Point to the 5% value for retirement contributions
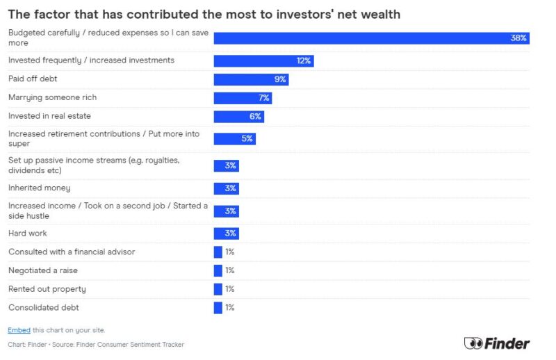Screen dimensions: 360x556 [247, 139]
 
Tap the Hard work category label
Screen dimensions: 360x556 [28, 234]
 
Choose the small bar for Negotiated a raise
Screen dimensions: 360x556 [218, 270]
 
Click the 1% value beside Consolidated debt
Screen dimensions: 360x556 [230, 307]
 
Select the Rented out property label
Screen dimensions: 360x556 [47, 289]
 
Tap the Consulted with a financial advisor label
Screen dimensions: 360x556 [72, 252]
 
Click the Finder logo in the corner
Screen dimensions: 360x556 [496, 343]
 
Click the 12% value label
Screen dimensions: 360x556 [304, 61]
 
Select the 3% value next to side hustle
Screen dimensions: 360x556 [231, 211]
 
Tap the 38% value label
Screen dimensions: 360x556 [518, 38]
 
